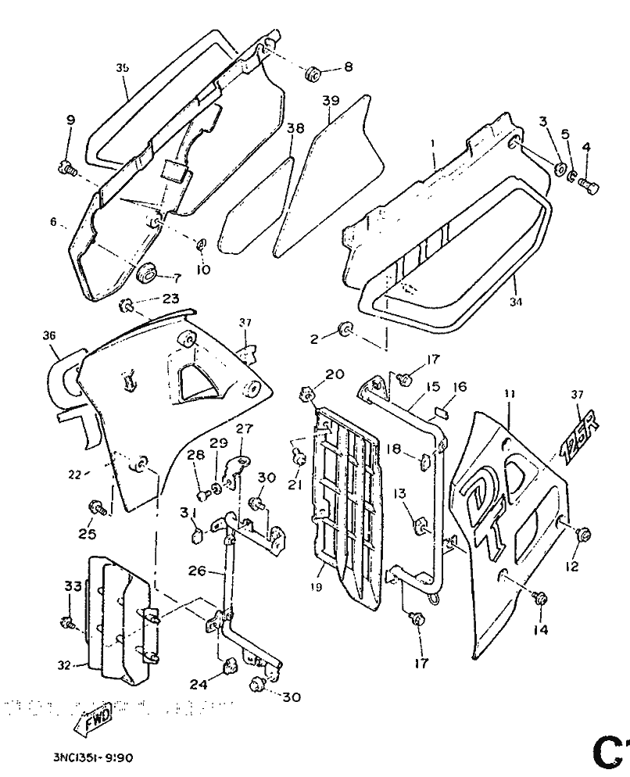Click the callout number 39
coord(330,101)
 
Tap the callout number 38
coord(294,128)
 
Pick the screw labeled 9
coord(67,166)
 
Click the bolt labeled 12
coord(582,535)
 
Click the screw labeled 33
coord(67,622)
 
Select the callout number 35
coord(122,68)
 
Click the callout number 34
coord(515,301)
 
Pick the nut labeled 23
coord(127,303)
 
